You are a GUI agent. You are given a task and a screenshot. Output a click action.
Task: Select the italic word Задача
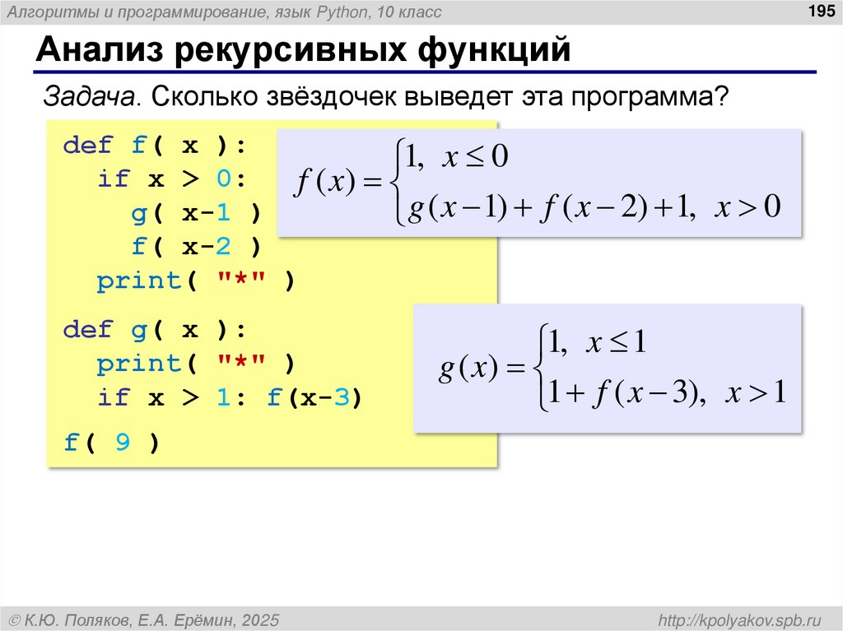click(x=89, y=96)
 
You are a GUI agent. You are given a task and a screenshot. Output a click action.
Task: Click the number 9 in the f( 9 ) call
click(x=122, y=443)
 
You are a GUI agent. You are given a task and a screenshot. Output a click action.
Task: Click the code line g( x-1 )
click(x=195, y=213)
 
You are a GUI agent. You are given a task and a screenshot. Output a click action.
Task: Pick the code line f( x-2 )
click(x=195, y=246)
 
